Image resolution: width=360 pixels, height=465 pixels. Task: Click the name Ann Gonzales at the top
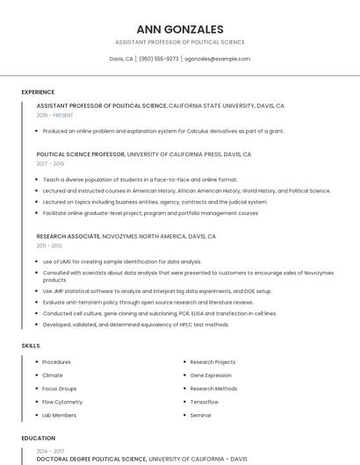pyautogui.click(x=180, y=29)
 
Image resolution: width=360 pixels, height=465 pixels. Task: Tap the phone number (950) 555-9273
pyautogui.click(x=159, y=59)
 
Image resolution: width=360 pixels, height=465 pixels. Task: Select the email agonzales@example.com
pyautogui.click(x=217, y=59)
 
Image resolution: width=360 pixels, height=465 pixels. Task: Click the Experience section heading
pyautogui.click(x=38, y=92)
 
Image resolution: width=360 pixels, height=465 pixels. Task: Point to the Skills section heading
pyautogui.click(x=31, y=346)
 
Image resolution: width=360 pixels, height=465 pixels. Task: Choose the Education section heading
pyautogui.click(x=38, y=438)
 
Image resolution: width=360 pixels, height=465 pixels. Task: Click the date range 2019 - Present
pyautogui.click(x=55, y=115)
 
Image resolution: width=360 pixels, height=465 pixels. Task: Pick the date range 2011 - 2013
pyautogui.click(x=49, y=246)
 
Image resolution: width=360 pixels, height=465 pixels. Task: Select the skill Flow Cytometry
pyautogui.click(x=61, y=402)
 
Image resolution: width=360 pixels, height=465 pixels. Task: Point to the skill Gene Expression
pyautogui.click(x=211, y=375)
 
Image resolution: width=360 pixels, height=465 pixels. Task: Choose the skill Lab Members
pyautogui.click(x=59, y=415)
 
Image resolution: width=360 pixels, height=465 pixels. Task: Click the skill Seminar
pyautogui.click(x=201, y=415)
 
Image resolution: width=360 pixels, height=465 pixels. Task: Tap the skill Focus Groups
pyautogui.click(x=60, y=388)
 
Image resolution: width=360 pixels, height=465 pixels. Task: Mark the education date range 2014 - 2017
pyautogui.click(x=49, y=451)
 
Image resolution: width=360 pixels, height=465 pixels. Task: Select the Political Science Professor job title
pyautogui.click(x=81, y=154)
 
